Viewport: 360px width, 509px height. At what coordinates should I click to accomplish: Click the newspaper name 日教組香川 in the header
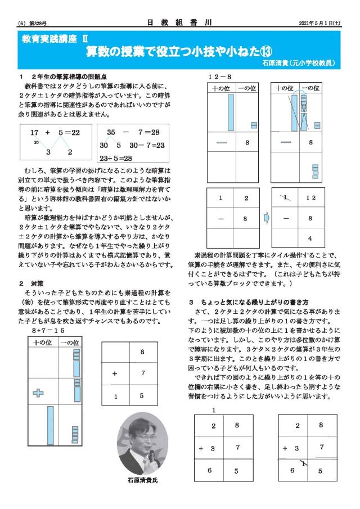[x=181, y=23]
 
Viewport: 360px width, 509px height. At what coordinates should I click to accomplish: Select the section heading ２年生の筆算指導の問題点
[x=67, y=76]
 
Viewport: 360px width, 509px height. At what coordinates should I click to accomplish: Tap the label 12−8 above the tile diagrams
[x=220, y=76]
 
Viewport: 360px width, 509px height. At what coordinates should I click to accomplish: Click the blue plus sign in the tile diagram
[x=38, y=393]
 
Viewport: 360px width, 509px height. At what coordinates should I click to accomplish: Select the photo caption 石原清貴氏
[x=143, y=480]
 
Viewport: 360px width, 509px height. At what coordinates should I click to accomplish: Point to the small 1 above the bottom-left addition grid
[x=214, y=410]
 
